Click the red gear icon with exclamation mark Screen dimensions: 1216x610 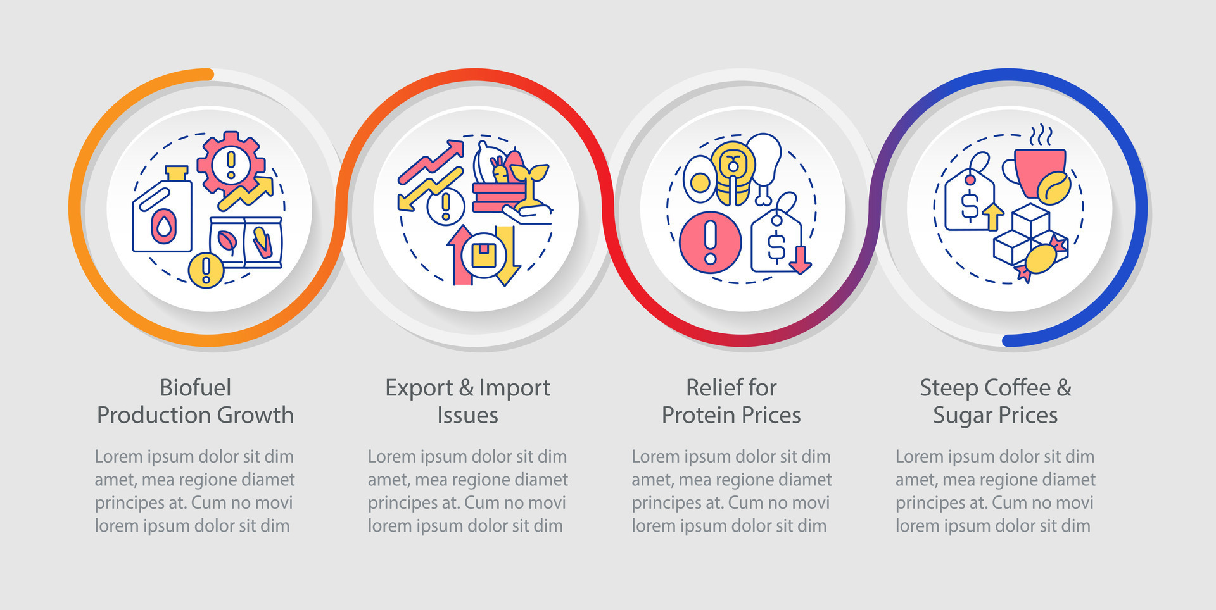pos(231,163)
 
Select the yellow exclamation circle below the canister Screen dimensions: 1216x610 pos(206,270)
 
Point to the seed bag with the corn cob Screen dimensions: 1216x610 pos(263,242)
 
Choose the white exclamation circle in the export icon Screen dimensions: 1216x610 pos(446,206)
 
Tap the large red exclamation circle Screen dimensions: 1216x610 pos(711,242)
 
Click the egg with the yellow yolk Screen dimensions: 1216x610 pos(700,180)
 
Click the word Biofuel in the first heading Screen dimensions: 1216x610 pos(195,387)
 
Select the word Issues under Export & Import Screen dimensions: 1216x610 pos(467,415)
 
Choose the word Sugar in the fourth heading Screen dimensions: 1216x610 pos(963,416)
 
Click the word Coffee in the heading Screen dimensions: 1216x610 pos(1017,387)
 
